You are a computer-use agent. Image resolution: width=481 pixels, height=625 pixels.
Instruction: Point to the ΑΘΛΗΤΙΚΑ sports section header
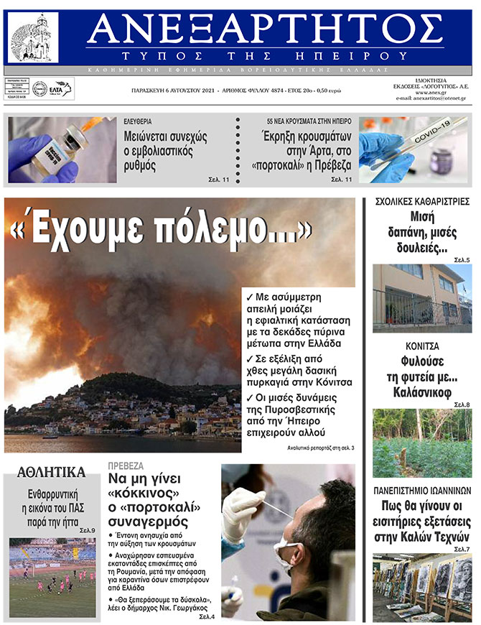point(51,473)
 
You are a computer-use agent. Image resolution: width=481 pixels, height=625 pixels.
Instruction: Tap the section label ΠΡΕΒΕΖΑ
point(126,466)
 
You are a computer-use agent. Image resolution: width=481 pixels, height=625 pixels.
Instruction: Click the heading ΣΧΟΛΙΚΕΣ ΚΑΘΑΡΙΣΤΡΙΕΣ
point(422,201)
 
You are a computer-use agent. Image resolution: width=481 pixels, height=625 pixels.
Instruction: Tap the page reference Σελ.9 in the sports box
point(87,530)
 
